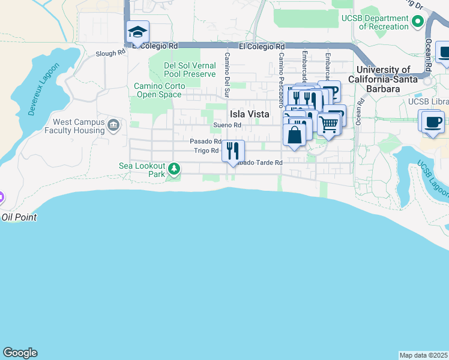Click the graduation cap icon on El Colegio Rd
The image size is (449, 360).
click(137, 32)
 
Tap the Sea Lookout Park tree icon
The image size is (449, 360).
click(174, 170)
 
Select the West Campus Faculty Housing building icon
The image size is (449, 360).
click(113, 125)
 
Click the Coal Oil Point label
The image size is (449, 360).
click(18, 217)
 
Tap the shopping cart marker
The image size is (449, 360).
click(328, 125)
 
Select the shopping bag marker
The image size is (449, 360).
click(294, 134)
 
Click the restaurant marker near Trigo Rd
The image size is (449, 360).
click(233, 150)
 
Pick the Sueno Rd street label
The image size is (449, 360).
click(227, 125)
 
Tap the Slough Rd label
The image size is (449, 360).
click(110, 53)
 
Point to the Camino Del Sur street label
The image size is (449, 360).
click(227, 74)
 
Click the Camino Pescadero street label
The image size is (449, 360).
click(280, 74)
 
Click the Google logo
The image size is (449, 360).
click(20, 353)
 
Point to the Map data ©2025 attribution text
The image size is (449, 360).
click(424, 355)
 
